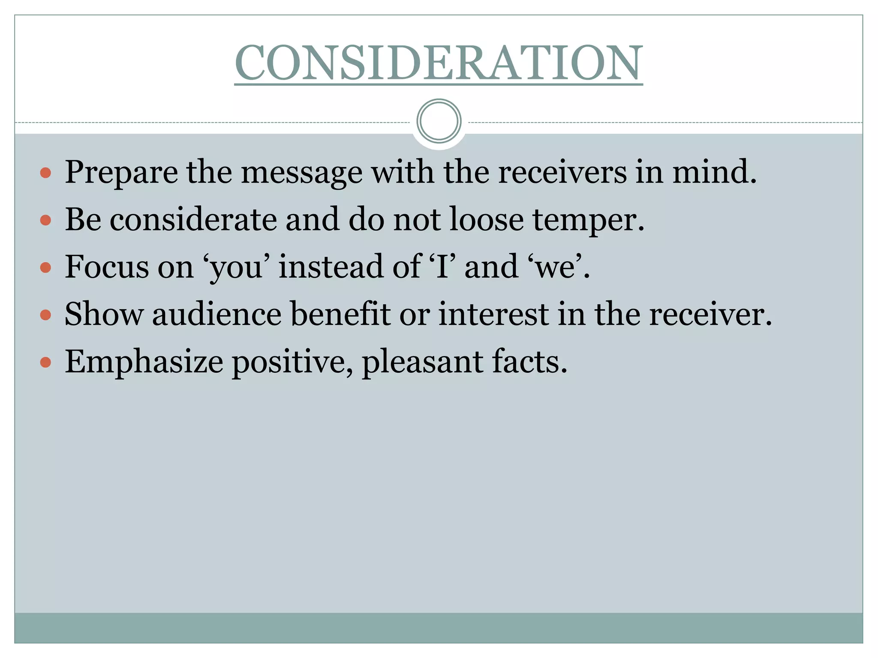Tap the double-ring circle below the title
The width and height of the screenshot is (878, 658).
tap(439, 121)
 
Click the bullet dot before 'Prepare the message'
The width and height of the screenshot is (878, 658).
tap(45, 173)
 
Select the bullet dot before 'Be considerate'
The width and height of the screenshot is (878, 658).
tap(45, 221)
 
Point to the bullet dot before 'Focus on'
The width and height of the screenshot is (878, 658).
tap(45, 268)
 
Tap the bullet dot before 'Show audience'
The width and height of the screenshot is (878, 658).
tap(45, 316)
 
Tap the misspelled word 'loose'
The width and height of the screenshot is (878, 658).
tap(487, 220)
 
